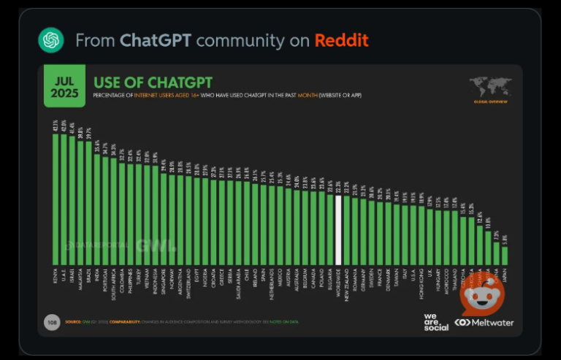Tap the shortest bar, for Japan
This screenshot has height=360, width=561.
(504, 255)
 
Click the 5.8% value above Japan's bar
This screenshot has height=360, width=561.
(504, 237)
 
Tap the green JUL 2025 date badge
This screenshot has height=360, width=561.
(64, 85)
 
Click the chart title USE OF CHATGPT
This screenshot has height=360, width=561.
(153, 82)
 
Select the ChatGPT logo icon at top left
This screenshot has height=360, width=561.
(51, 39)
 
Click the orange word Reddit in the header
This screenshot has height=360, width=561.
(342, 39)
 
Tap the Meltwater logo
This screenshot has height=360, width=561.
(484, 322)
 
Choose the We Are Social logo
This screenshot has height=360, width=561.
(436, 322)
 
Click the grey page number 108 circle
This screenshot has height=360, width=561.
(51, 322)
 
